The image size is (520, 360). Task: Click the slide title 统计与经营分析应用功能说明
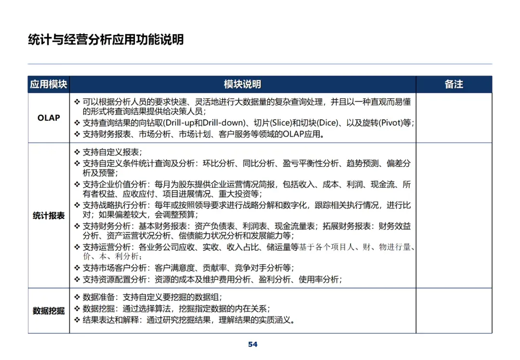(106, 39)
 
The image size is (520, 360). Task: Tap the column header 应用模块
(48, 84)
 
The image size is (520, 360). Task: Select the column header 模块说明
(242, 84)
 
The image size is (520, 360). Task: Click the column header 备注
(454, 84)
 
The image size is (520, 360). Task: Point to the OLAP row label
(49, 118)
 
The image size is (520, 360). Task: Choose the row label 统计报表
(49, 216)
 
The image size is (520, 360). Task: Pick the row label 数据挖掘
(49, 311)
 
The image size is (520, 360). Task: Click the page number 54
(253, 344)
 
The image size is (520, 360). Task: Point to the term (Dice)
(327, 123)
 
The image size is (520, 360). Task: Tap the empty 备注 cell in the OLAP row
(454, 118)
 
